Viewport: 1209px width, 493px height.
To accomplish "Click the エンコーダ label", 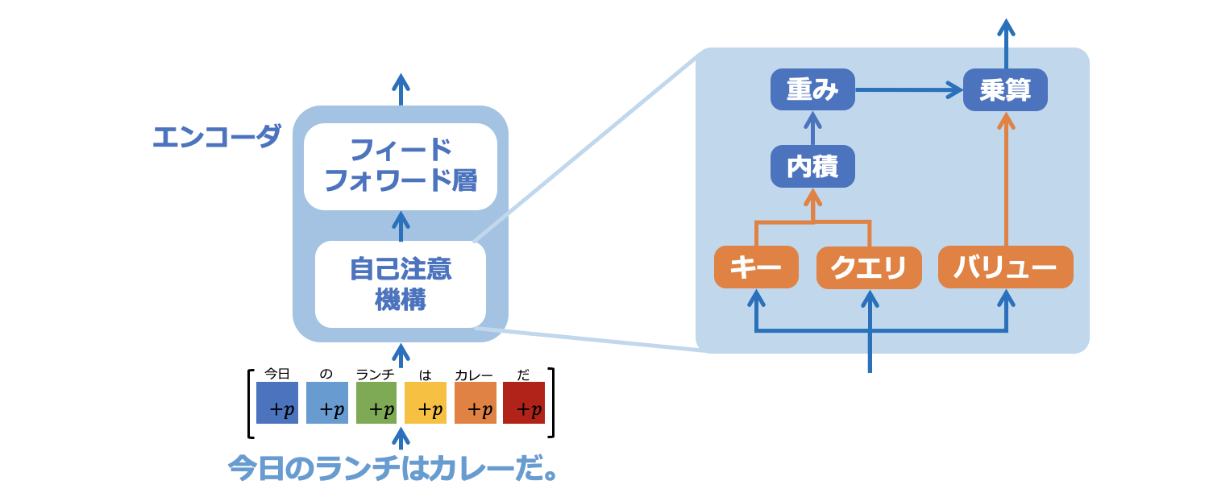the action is tap(217, 136).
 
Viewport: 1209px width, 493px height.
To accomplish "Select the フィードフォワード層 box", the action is tap(401, 167).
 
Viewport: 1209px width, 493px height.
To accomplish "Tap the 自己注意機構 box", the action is tap(401, 284).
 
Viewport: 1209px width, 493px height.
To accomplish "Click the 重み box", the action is tap(812, 89).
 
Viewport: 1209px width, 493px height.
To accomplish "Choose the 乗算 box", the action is tap(1005, 89).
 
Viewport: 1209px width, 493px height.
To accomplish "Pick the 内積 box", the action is tap(812, 166).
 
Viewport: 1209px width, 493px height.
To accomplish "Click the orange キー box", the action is tap(756, 267).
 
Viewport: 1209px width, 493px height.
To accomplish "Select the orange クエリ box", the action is tap(869, 267).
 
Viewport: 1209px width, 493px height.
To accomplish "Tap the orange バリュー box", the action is tap(1006, 267).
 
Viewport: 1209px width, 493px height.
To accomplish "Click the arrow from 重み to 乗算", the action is tap(909, 90).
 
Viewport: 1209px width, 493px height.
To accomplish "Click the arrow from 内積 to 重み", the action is tap(812, 128).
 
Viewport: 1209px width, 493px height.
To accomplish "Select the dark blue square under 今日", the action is tap(277, 403).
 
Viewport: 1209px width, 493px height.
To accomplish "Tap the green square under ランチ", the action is tap(376, 403).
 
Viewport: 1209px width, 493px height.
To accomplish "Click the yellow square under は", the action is tap(426, 403).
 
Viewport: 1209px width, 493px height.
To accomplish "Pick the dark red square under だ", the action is tap(524, 403).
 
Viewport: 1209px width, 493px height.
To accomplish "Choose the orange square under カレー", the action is tap(475, 403).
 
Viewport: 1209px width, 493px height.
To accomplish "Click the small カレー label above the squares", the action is tap(474, 375).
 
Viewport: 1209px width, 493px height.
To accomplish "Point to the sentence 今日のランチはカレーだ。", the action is tap(393, 468).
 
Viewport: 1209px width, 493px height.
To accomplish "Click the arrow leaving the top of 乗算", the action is tap(1006, 43).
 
